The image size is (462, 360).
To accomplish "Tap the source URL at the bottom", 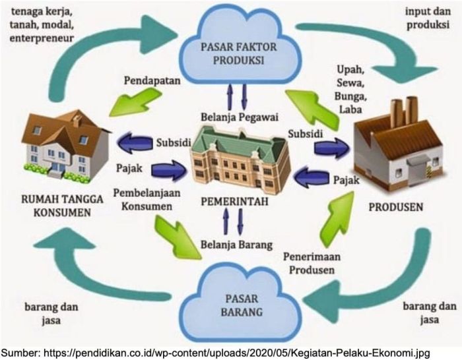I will (x=230, y=351).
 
